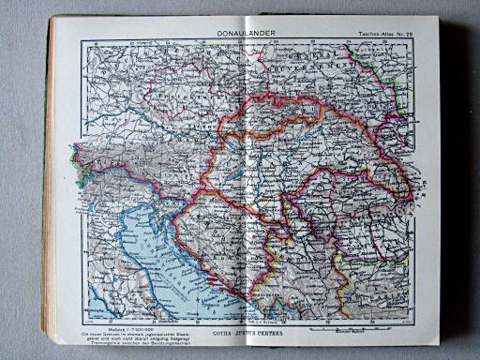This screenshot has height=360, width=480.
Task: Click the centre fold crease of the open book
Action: click(x=246, y=187)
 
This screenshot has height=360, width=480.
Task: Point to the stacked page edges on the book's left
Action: click(x=49, y=187)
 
